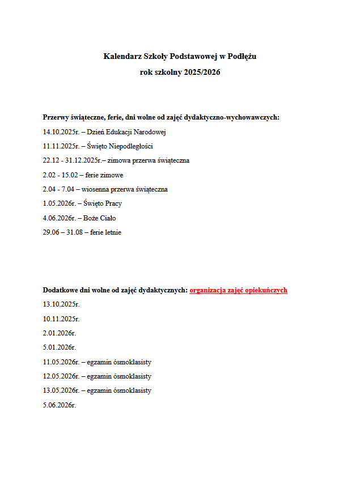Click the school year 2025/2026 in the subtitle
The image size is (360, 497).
[x=202, y=73]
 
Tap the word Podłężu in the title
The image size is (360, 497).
[x=243, y=57]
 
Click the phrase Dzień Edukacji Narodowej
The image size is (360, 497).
[x=126, y=132]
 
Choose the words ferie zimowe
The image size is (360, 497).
[x=105, y=175]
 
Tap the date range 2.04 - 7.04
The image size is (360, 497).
[x=60, y=189]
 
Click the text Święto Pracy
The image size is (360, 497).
[x=103, y=203]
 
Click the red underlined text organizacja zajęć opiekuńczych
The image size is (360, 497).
[x=238, y=290]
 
